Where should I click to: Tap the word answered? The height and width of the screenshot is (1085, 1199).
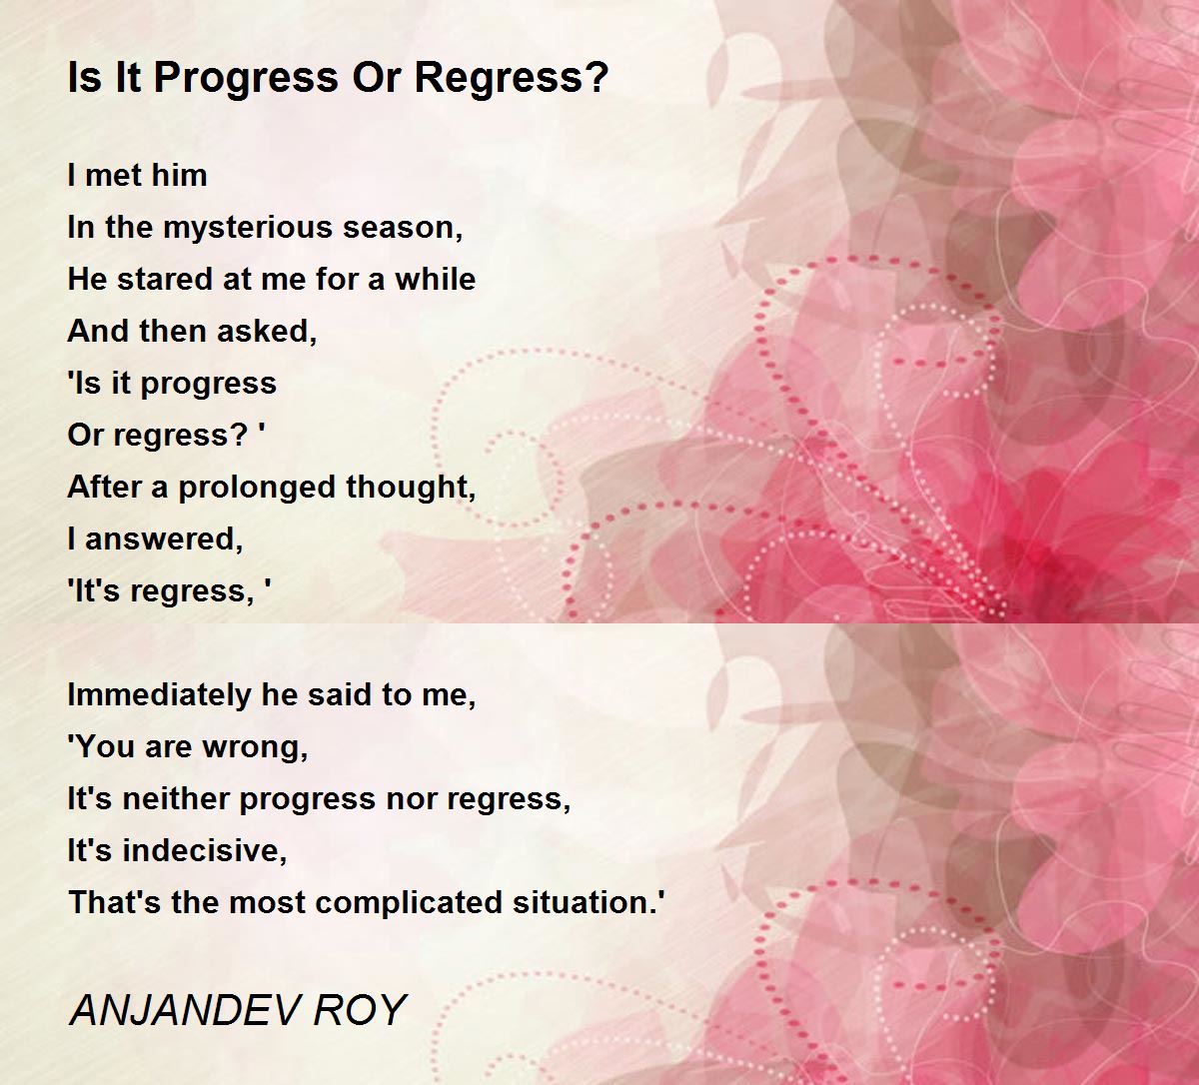[x=164, y=540]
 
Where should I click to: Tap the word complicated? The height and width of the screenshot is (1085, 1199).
[x=409, y=903]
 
